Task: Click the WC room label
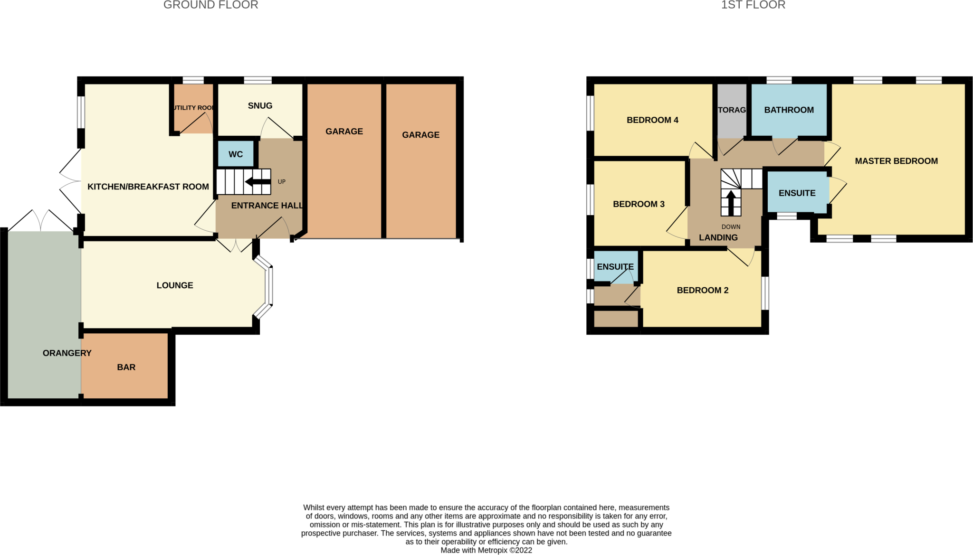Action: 236,154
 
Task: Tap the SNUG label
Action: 260,106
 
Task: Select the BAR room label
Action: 126,367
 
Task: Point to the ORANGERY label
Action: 67,353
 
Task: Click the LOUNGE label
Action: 175,285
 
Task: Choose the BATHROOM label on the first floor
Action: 789,110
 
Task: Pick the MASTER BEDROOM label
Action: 896,161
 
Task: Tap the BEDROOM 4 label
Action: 652,120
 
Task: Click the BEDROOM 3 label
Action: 639,204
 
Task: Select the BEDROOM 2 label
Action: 702,291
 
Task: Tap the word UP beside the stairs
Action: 282,182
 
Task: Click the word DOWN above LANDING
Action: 731,227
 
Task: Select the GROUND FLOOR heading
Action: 210,5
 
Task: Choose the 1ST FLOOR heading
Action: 753,5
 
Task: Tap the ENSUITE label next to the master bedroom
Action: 797,193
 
